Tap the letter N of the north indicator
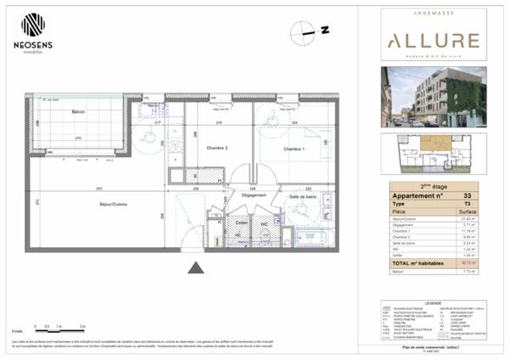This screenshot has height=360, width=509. tap(325, 31)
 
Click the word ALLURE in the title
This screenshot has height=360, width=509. tap(433, 41)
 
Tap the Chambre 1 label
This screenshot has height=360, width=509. tap(293, 149)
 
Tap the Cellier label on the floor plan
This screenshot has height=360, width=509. tap(242, 222)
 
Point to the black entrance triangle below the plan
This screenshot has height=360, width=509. tap(195, 269)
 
